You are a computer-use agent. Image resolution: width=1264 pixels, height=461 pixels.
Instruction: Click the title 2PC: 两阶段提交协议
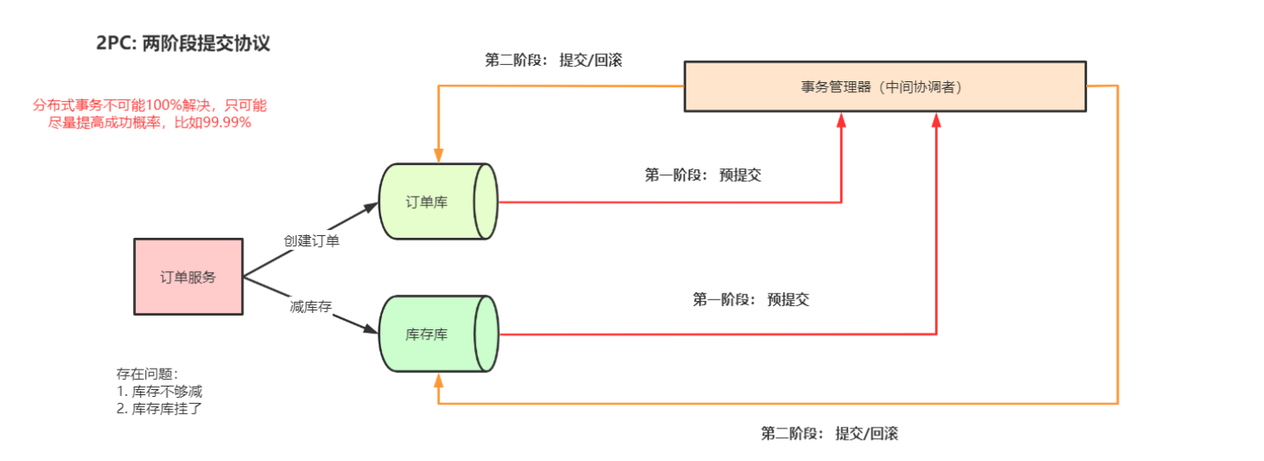tap(183, 44)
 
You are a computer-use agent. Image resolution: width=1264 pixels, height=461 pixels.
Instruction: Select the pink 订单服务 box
tap(188, 276)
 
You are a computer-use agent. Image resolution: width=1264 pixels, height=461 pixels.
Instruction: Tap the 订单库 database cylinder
tap(437, 202)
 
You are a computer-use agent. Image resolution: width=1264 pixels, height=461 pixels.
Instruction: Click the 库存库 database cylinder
tap(437, 334)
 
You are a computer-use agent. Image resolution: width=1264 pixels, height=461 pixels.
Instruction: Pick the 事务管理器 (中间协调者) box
tap(884, 86)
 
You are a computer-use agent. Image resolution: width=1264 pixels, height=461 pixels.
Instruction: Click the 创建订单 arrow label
tap(312, 241)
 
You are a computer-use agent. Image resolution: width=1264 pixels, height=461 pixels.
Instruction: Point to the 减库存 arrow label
tap(310, 307)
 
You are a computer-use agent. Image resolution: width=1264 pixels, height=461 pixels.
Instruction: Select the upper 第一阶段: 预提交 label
tap(703, 175)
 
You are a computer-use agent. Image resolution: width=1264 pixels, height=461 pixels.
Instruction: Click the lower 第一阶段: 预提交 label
tap(750, 299)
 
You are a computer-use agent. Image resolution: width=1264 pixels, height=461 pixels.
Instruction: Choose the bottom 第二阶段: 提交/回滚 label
tap(829, 433)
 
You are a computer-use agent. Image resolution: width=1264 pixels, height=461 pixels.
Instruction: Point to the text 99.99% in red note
tap(226, 122)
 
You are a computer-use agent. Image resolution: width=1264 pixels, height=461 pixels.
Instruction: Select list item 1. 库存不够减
tap(159, 391)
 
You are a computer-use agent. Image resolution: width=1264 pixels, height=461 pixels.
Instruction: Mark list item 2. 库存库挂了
tap(159, 408)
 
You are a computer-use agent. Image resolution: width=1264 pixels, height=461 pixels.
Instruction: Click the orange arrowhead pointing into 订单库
tap(438, 156)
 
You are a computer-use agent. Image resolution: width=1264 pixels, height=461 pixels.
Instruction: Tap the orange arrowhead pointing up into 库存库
tap(438, 379)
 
